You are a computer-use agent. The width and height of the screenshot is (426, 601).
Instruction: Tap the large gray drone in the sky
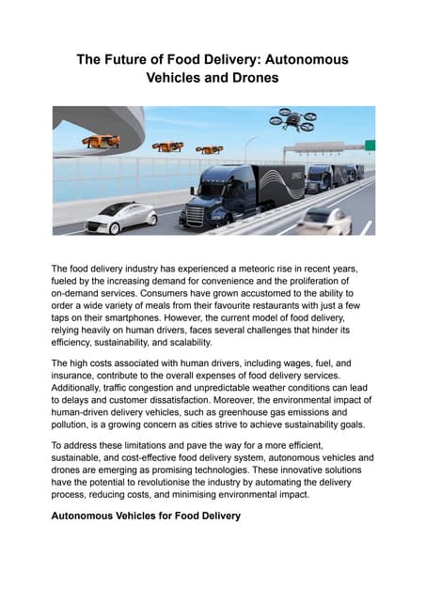click(292, 118)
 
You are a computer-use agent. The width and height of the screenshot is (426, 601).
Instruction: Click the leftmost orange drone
click(100, 141)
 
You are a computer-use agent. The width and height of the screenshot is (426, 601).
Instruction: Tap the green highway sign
click(371, 145)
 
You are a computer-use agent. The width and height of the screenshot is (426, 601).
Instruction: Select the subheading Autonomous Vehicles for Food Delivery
click(146, 516)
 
